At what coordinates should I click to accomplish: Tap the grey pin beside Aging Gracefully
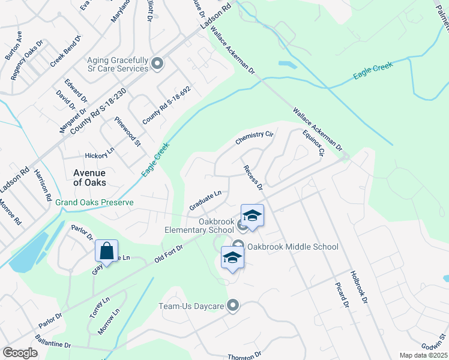pos(157,64)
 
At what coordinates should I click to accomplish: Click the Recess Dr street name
pos(253,178)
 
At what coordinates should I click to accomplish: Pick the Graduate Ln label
pos(206,200)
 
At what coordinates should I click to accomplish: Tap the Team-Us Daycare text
pos(191,307)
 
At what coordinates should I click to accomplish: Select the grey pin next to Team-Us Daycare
pos(234,306)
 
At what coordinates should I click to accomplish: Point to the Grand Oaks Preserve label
pos(94,203)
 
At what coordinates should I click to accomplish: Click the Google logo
pos(20,353)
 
